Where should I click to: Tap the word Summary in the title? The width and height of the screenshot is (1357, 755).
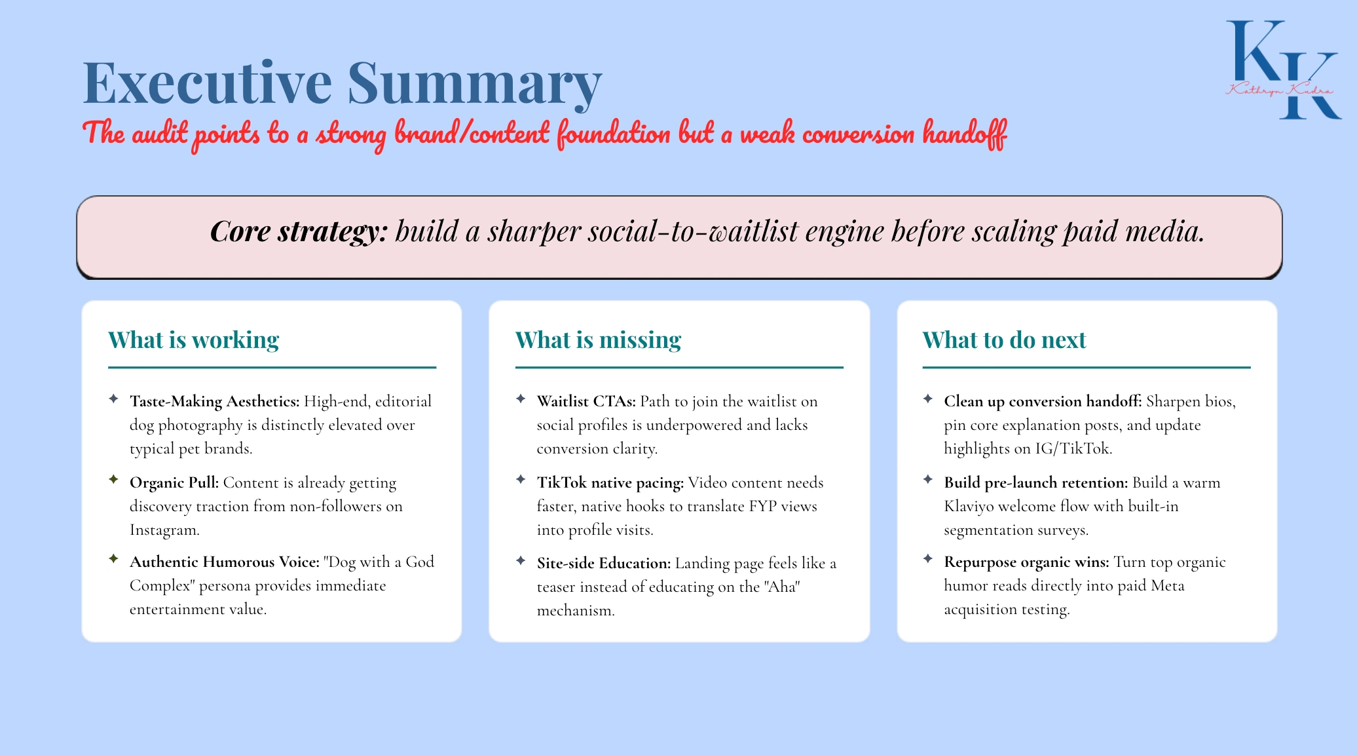(474, 85)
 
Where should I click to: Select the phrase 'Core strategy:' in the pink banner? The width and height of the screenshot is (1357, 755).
(299, 231)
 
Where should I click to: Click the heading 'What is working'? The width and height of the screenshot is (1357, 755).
(193, 340)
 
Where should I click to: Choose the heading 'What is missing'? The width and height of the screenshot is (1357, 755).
(598, 340)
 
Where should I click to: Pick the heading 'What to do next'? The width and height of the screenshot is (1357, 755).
(1004, 340)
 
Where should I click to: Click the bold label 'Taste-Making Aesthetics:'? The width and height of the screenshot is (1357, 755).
(215, 401)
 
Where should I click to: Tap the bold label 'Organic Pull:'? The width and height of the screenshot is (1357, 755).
(174, 482)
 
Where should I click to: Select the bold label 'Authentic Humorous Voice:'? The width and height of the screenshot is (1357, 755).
(225, 562)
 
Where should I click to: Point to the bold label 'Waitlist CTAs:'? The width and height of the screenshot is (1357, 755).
(586, 401)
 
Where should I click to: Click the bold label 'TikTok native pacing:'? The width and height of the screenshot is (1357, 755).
(610, 482)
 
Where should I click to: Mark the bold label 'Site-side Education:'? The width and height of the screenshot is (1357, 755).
(604, 563)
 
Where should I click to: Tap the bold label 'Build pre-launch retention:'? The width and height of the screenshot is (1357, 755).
(1036, 482)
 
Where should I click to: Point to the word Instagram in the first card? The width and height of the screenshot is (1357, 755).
(164, 530)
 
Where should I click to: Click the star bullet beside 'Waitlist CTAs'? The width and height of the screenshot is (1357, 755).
(521, 398)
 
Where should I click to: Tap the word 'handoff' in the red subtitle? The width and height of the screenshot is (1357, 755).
(965, 134)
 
